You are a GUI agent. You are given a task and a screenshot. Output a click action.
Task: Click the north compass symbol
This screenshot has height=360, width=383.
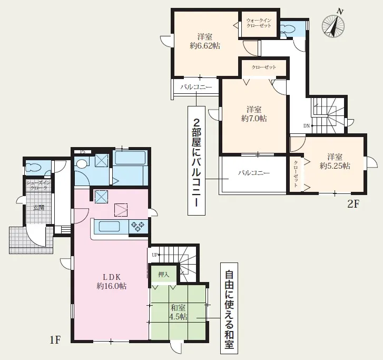pos(333,25)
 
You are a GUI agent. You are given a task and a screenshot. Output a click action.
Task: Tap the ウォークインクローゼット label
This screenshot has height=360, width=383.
pos(259,23)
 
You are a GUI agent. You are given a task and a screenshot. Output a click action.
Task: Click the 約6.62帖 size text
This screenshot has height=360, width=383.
pos(205,46)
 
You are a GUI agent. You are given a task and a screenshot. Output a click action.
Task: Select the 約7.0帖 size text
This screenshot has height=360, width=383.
pos(254,118)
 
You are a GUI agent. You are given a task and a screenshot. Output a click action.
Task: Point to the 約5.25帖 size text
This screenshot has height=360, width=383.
pos(335,166)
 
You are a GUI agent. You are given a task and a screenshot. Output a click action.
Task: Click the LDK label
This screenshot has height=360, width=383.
pos(112,277)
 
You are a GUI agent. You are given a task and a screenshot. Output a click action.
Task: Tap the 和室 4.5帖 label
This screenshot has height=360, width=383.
pos(178,312)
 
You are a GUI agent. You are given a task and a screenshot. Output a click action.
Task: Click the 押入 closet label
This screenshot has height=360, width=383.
pos(163,275)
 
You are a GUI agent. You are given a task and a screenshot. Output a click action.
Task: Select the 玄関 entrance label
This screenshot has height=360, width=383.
pos(39,208)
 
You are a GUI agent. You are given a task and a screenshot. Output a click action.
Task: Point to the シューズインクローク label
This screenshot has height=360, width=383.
pos(38,186)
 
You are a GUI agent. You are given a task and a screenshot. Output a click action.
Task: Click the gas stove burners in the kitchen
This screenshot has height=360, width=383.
pos(138,227)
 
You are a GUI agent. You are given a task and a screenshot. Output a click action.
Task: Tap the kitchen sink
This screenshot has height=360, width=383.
pos(109,226)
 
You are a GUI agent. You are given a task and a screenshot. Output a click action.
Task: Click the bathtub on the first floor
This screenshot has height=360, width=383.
pos(130,158)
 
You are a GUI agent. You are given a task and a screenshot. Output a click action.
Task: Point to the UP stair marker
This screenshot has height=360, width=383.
pos(155,255)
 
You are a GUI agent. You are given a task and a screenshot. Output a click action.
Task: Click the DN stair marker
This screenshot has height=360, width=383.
pos(307,126)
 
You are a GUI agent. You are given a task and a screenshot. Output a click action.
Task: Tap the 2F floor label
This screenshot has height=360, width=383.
pos(353,204)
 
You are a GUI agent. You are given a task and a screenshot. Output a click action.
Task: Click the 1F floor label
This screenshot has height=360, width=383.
pos(55,340)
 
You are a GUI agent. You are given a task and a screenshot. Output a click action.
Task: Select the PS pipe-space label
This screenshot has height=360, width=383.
pos(83,152)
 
